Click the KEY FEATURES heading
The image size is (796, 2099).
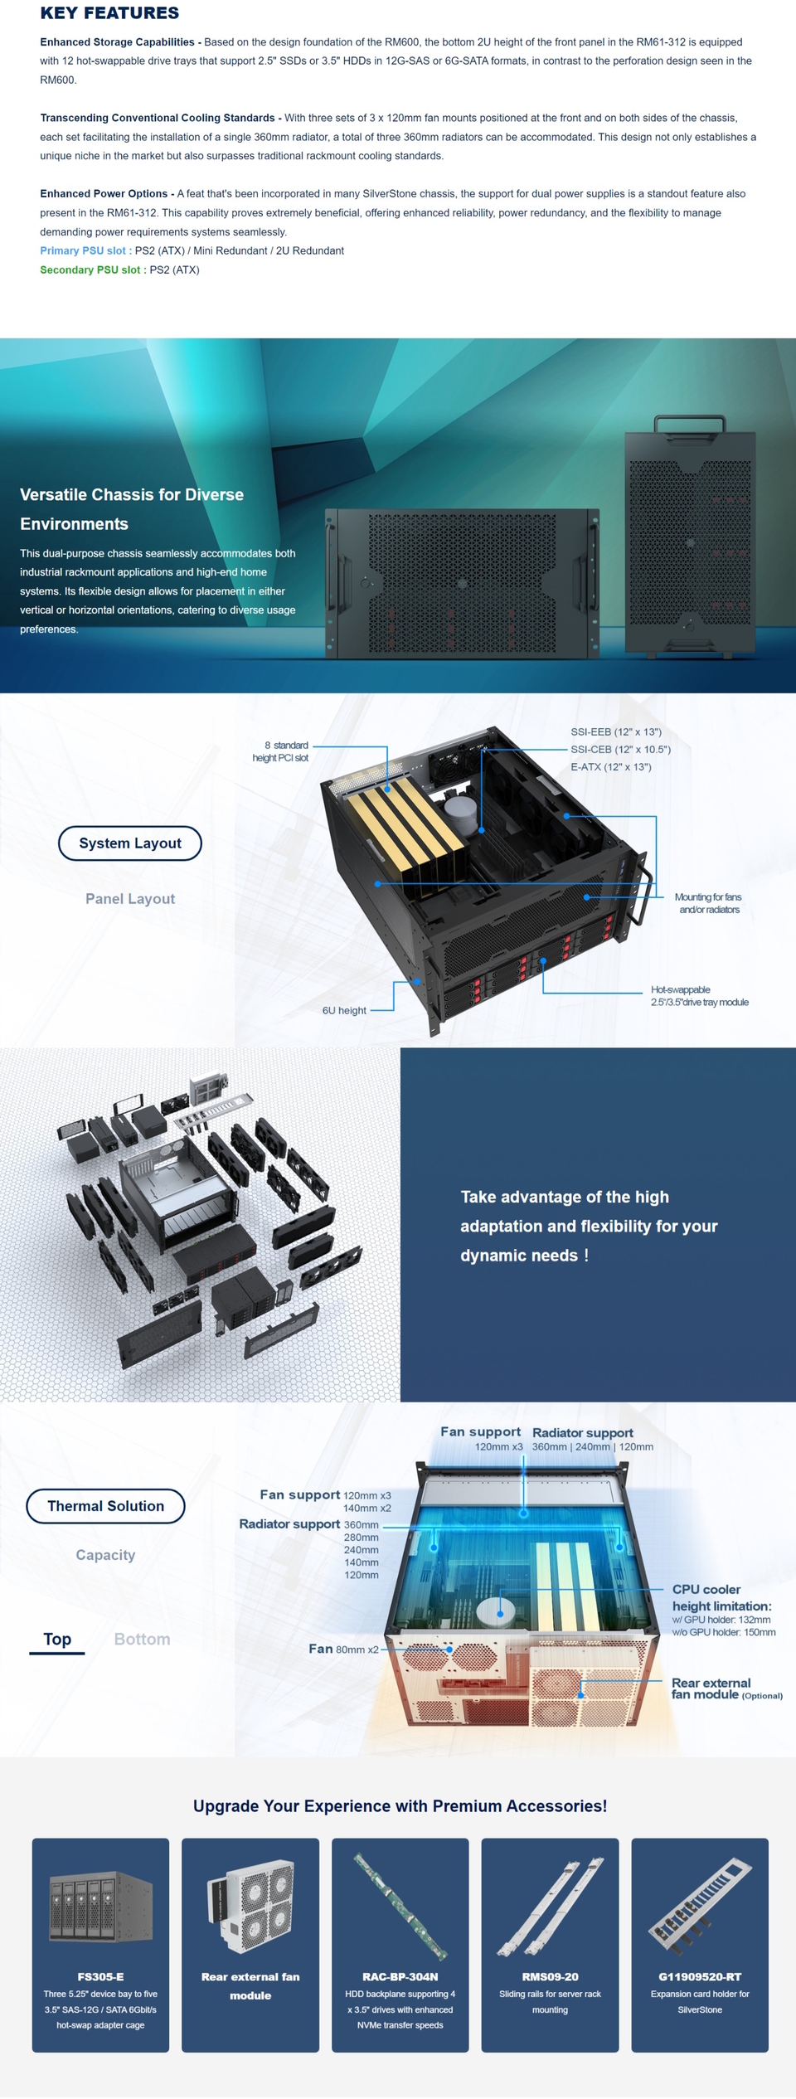tap(109, 13)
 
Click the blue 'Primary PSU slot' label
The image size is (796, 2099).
tap(85, 250)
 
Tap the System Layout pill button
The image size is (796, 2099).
tap(130, 843)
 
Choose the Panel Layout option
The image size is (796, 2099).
tap(130, 899)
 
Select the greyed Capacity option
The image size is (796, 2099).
tap(105, 1555)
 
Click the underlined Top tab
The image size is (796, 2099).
tap(57, 1640)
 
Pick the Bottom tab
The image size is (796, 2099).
tap(142, 1640)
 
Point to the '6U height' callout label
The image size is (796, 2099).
tap(344, 1011)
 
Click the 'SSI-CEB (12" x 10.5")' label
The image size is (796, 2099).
tap(620, 750)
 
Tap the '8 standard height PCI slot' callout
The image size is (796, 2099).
tap(281, 751)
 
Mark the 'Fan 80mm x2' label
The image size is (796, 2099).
tap(343, 1650)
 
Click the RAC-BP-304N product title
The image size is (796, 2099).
tap(400, 1977)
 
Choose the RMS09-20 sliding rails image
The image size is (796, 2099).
tap(550, 1907)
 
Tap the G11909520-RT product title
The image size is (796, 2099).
tap(699, 1977)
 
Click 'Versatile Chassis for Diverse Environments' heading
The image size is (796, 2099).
tap(132, 509)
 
